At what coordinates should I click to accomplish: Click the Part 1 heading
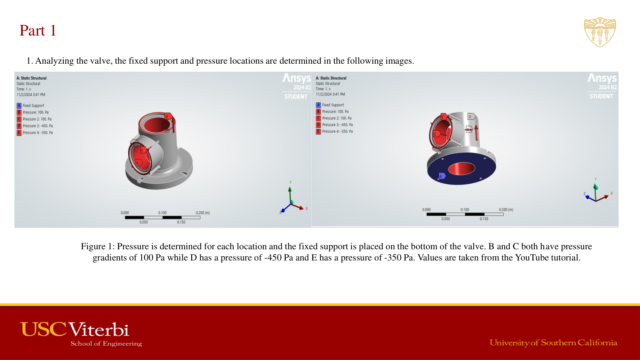[38, 31]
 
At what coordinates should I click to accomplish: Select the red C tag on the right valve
[436, 134]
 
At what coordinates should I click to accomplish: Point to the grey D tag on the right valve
[470, 117]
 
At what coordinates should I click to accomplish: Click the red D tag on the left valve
[167, 116]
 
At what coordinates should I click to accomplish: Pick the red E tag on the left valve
[143, 150]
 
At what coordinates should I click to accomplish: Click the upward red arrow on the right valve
[476, 132]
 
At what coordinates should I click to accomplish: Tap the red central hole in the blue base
[461, 169]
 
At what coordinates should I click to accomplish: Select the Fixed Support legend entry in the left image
[33, 106]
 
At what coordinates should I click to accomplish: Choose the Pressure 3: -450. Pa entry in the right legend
[337, 125]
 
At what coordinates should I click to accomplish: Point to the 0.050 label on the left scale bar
[144, 222]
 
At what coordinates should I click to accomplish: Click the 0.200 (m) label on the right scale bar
[506, 210]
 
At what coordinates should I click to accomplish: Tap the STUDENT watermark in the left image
[296, 97]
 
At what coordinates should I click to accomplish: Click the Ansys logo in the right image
[602, 78]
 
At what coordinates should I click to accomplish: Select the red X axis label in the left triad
[307, 209]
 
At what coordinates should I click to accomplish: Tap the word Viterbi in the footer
[99, 330]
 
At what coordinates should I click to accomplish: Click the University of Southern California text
[553, 343]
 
